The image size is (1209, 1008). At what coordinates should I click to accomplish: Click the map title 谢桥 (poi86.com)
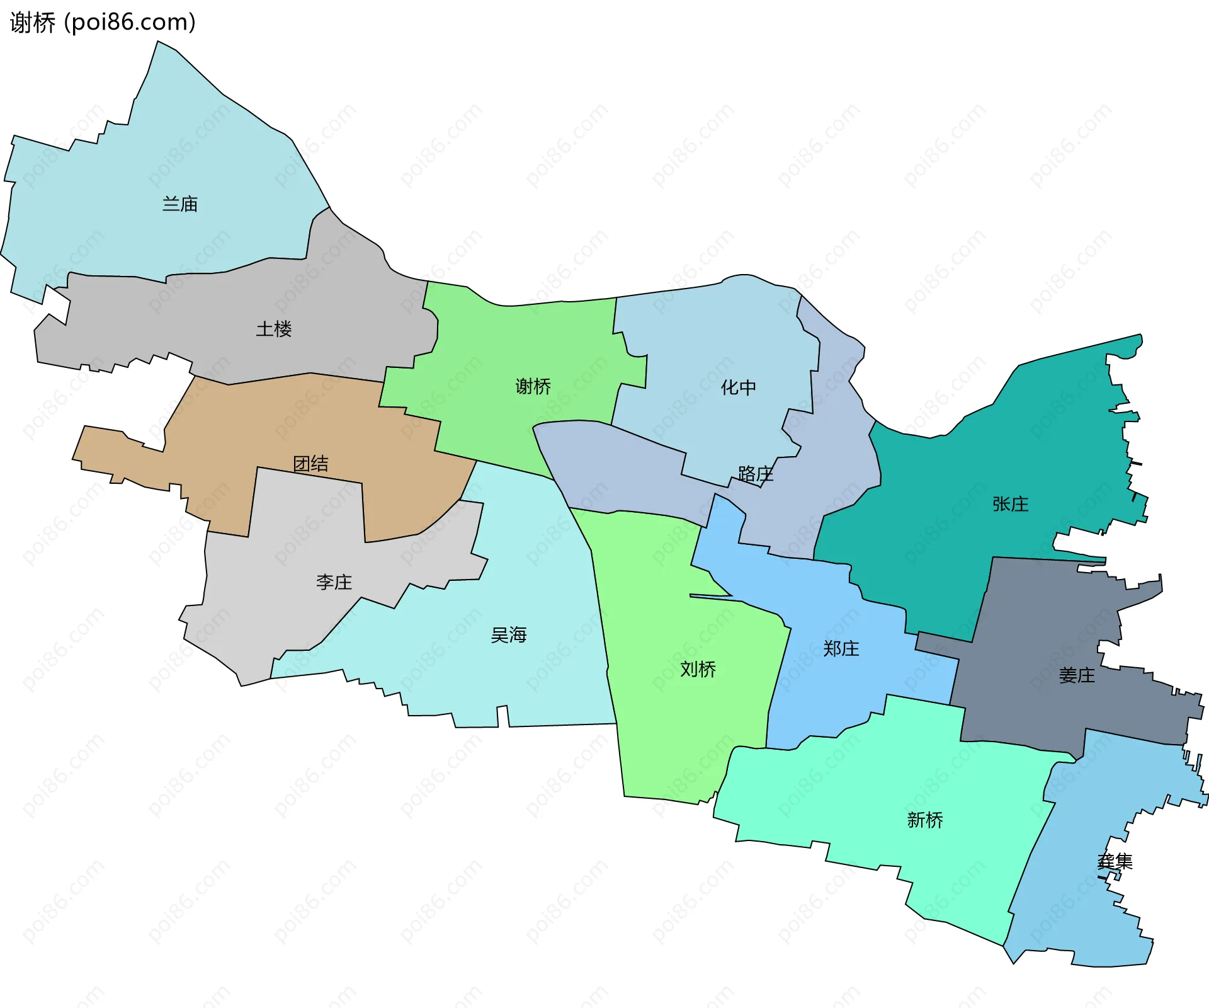(x=103, y=23)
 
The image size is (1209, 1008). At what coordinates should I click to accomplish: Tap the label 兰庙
(x=180, y=204)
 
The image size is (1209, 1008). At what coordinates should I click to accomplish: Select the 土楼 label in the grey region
(x=274, y=329)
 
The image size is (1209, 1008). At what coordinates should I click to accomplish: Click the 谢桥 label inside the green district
(x=533, y=386)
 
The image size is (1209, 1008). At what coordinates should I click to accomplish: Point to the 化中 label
(x=738, y=387)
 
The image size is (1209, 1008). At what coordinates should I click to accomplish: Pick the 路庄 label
(x=755, y=474)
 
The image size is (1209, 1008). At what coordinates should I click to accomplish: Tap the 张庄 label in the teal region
(x=1010, y=504)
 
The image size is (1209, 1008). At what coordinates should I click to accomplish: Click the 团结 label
(x=310, y=464)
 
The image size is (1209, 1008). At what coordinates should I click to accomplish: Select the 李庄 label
(x=334, y=581)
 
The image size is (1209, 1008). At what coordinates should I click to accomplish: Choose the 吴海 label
(x=508, y=635)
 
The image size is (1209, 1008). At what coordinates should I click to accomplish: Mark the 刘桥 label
(x=698, y=669)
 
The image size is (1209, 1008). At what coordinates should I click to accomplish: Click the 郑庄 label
(x=841, y=649)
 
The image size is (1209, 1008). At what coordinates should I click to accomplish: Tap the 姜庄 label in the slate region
(x=1076, y=676)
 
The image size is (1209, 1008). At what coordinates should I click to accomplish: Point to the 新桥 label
(x=924, y=820)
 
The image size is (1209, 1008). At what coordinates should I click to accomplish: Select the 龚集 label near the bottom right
(x=1115, y=861)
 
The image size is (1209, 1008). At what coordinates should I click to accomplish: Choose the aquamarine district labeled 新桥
(x=882, y=787)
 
